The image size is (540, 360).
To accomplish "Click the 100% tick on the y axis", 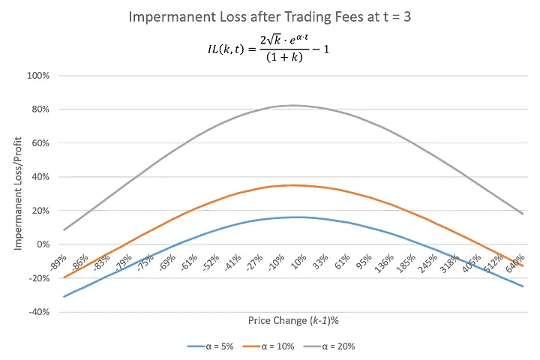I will coord(37,76).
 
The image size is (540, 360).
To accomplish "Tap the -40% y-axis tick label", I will coord(38,312).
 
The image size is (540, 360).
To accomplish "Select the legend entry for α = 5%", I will coord(218,346).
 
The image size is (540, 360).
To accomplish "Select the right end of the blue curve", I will coord(523,286).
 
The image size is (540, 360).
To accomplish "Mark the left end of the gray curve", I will coord(64,229).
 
